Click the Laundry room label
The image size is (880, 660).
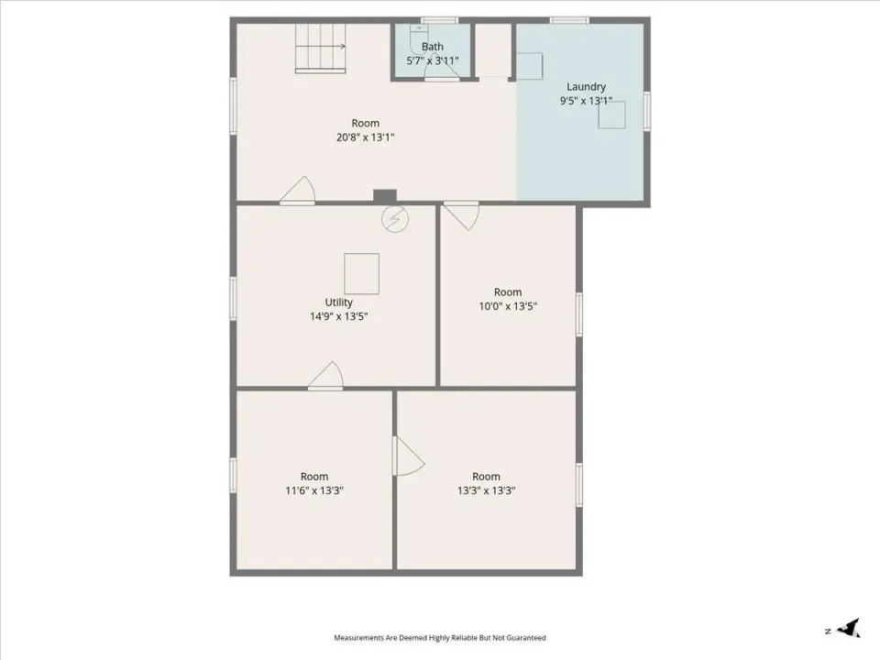click(586, 87)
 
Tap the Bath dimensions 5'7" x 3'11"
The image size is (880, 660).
click(433, 60)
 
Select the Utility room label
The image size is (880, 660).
click(339, 302)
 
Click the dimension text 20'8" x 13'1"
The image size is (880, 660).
click(366, 137)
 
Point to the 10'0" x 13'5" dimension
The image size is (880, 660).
click(508, 306)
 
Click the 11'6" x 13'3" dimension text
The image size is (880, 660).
click(314, 490)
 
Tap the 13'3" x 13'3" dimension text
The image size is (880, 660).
click(486, 490)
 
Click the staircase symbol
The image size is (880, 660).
click(321, 49)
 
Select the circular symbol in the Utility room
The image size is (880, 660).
click(395, 219)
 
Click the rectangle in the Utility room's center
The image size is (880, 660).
click(361, 274)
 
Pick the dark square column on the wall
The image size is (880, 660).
click(385, 197)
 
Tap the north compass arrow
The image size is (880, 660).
click(849, 628)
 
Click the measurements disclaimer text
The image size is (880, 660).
click(440, 638)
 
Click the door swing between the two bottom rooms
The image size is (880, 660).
click(410, 456)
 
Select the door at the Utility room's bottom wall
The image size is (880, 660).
click(325, 376)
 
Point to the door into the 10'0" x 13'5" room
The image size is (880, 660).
click(461, 215)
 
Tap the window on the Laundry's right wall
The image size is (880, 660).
click(646, 111)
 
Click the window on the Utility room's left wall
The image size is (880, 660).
click(233, 299)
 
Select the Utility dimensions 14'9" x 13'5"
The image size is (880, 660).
click(339, 316)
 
